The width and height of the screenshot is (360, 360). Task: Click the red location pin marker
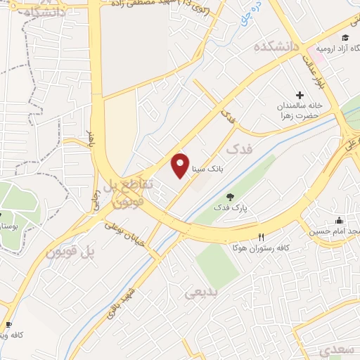tap(181, 165)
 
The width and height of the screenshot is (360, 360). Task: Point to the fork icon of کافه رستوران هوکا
tap(262, 237)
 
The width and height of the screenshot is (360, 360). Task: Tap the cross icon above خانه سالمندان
tap(300, 95)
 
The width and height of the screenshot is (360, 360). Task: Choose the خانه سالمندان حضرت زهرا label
tap(297, 110)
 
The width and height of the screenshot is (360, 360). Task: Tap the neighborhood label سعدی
tap(333, 349)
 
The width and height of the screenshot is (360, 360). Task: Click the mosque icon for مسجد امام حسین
tap(339, 220)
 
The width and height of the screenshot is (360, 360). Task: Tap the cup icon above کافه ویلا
tap(8, 325)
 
